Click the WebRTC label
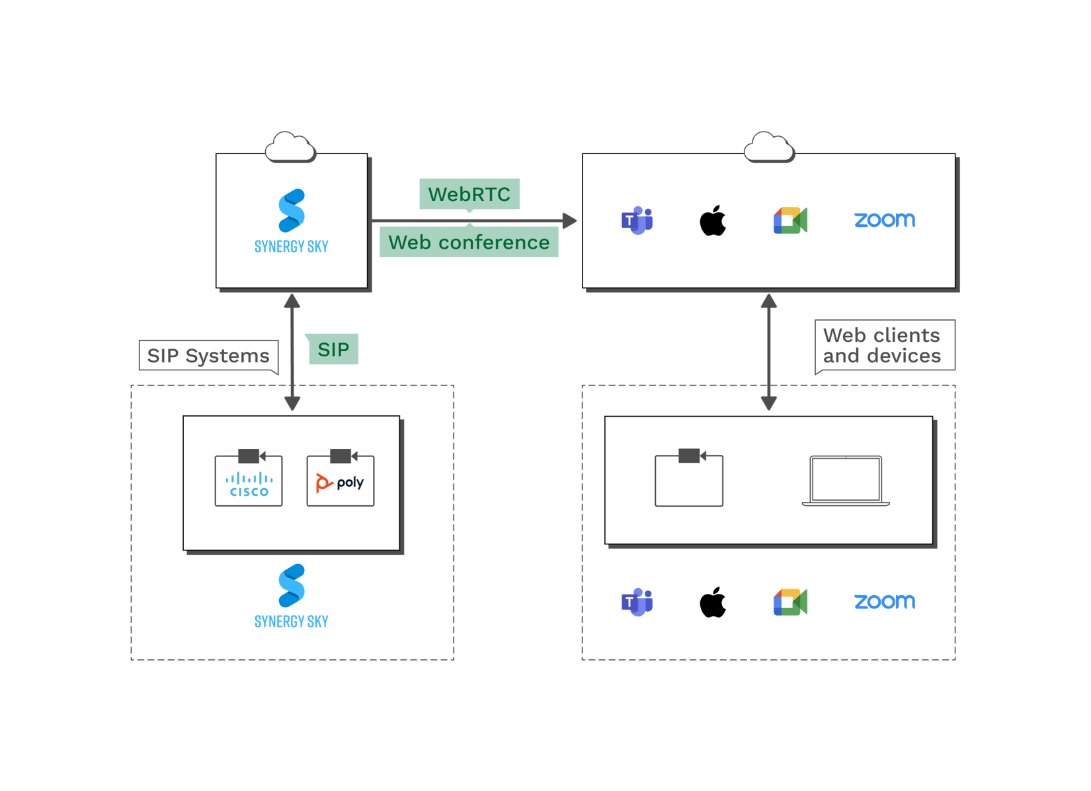469,194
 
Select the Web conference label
469,243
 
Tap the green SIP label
333,349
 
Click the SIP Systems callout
208,356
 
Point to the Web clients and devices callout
882,345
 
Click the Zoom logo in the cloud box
885,220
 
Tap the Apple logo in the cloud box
713,220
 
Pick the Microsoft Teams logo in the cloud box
637,220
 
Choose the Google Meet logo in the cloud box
790,220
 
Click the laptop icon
846,481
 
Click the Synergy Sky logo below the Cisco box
292,595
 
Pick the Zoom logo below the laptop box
885,601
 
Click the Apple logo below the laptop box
713,602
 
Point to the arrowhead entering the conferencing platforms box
569,220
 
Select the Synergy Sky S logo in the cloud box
292,211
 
